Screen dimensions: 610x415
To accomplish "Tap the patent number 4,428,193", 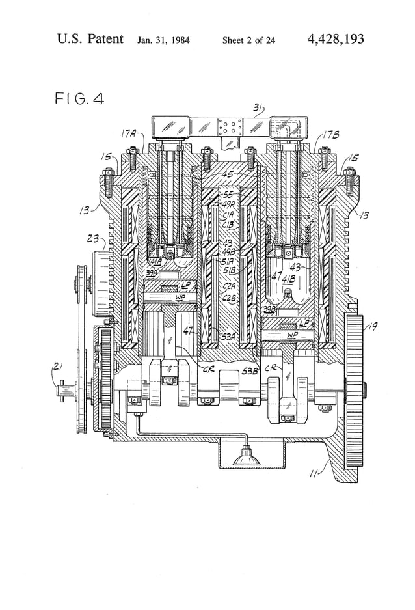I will pyautogui.click(x=335, y=40).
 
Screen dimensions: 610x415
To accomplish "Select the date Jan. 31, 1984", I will pyautogui.click(x=163, y=40).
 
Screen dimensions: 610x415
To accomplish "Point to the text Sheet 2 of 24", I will pyautogui.click(x=248, y=40).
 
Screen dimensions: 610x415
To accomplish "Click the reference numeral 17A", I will pyautogui.click(x=128, y=134).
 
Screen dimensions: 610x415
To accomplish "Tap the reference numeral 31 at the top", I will pyautogui.click(x=258, y=108).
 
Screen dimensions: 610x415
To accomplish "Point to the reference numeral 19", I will pyautogui.click(x=373, y=327).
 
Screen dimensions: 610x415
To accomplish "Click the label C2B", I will pyautogui.click(x=230, y=298).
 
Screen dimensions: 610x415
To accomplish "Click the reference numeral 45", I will pyautogui.click(x=227, y=174).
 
